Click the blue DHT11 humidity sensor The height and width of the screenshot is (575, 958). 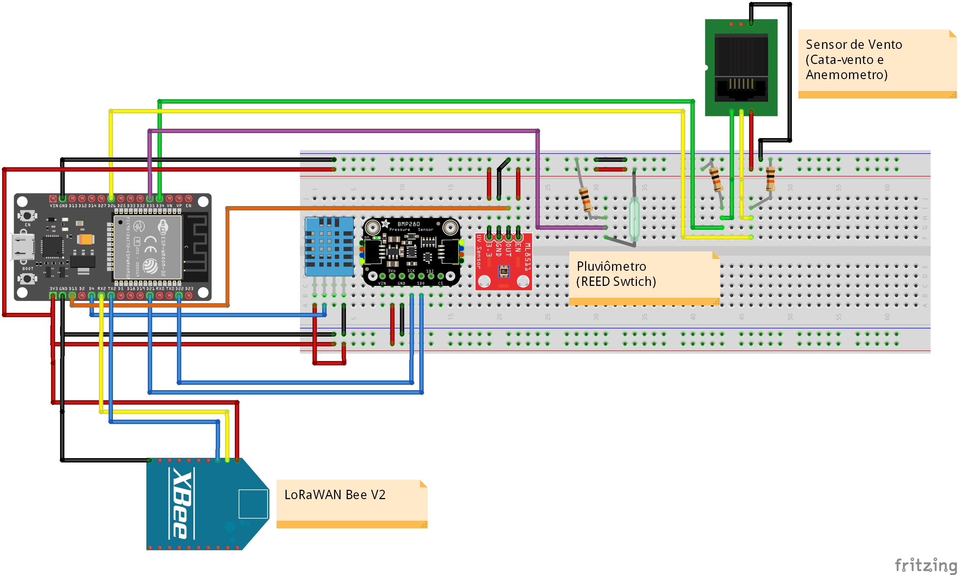pos(329,246)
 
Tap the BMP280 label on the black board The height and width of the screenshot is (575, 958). pos(408,224)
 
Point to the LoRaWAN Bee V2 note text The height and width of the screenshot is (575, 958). pos(335,495)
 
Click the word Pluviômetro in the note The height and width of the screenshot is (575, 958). pos(611,266)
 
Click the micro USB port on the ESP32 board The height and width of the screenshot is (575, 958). pos(22,247)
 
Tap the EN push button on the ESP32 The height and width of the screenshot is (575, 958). pos(27,215)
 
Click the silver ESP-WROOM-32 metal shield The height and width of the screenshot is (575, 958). pos(147,247)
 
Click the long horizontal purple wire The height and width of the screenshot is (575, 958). pos(349,131)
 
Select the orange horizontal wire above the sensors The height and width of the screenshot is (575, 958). pos(368,208)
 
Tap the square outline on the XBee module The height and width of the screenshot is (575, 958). pos(254,504)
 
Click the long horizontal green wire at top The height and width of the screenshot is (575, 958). pos(426,101)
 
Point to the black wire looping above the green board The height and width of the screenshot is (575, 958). pos(771,4)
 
